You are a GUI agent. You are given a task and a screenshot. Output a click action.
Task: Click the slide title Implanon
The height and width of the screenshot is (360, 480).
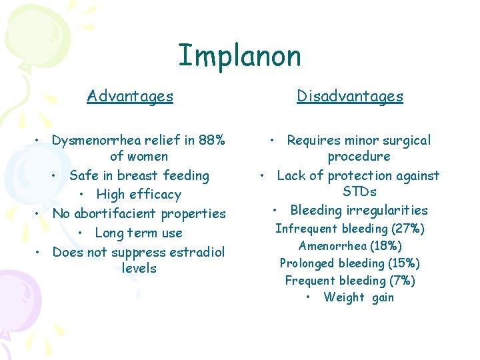coord(239,56)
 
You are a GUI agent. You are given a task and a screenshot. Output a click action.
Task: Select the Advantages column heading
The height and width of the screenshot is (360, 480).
coord(130,96)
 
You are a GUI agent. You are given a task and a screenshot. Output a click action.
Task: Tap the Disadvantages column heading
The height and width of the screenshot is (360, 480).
coord(350,96)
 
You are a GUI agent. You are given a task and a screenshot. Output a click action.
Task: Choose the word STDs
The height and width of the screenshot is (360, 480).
coord(359,192)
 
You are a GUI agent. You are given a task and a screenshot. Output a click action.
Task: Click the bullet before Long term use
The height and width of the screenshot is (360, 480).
coord(80,233)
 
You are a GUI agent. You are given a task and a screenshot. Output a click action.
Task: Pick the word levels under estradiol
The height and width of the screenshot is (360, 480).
coord(139,269)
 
